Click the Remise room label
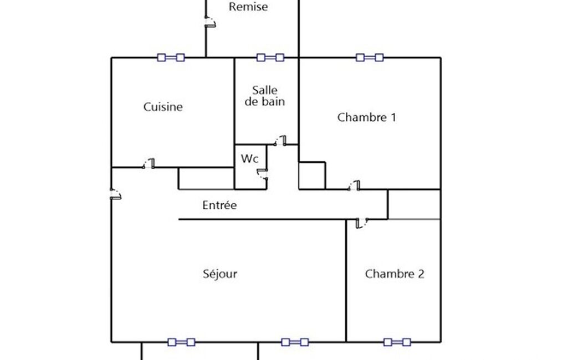248,7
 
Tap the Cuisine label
163,107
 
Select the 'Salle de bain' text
265,95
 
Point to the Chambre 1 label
366,117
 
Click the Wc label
249,158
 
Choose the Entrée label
219,205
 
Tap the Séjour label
220,274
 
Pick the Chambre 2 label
395,274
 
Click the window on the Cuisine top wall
171,57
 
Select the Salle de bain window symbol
270,57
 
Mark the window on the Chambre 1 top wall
370,57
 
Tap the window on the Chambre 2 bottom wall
397,342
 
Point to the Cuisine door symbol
149,163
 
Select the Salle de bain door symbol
280,141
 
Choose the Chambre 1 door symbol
354,186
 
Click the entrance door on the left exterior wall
115,194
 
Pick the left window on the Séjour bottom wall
181,342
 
